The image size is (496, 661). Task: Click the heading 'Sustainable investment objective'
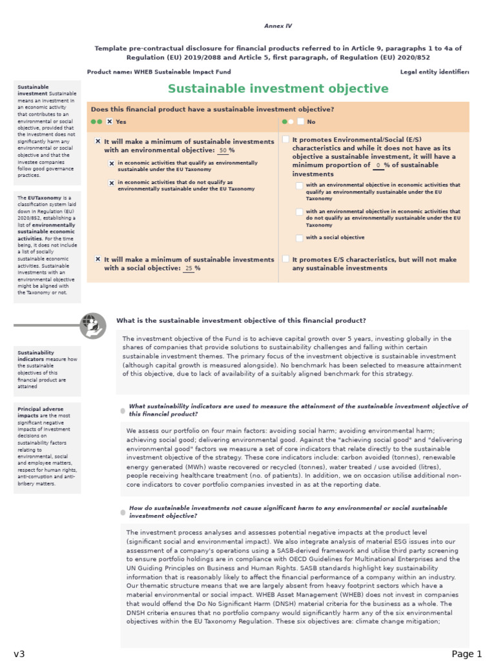click(278, 89)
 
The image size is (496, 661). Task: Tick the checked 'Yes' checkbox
click(110, 121)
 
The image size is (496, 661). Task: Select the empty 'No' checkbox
click(301, 121)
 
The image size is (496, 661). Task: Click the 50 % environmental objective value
click(223, 150)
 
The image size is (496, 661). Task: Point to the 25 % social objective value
click(189, 269)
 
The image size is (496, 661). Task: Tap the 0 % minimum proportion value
click(378, 165)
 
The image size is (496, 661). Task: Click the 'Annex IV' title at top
click(278, 26)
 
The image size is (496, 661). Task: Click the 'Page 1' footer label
click(466, 654)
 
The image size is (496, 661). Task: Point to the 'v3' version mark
click(19, 654)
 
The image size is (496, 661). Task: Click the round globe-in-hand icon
click(92, 325)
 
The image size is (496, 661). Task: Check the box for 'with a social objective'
click(299, 238)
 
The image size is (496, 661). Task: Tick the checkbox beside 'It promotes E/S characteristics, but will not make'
click(286, 259)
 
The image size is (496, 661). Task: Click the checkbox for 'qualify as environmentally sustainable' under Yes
click(112, 164)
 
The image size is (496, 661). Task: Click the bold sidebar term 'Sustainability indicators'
click(36, 356)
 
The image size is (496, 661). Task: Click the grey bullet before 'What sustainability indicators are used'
click(123, 411)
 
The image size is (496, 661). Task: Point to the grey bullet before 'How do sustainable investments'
click(123, 512)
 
